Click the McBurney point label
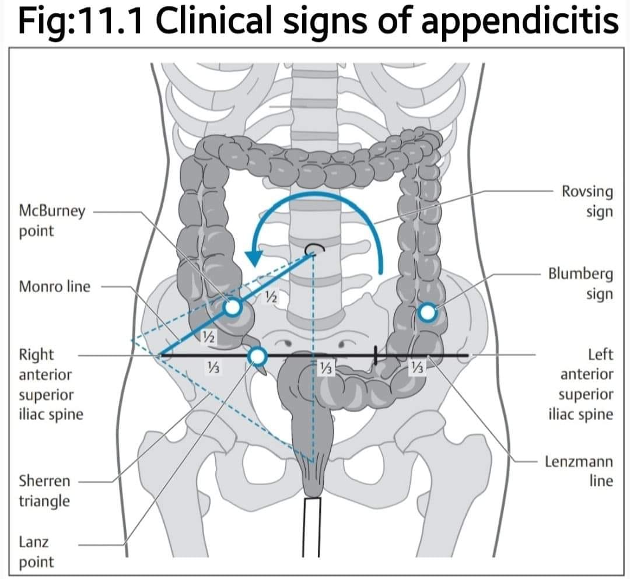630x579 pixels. click(52, 221)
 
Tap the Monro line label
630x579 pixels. click(55, 287)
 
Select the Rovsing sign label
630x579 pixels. click(587, 202)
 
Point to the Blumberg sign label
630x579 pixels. click(580, 284)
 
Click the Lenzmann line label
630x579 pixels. click(579, 471)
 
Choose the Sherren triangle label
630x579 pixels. click(44, 491)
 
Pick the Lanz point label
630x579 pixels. click(36, 552)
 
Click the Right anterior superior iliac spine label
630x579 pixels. click(51, 384)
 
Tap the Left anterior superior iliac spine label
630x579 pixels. click(581, 384)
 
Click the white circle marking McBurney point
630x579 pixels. click(233, 308)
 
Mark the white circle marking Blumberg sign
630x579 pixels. click(428, 312)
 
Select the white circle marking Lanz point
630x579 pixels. click(258, 356)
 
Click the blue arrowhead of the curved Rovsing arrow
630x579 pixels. click(254, 258)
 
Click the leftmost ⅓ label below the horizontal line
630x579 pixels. click(212, 367)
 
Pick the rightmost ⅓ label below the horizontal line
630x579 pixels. click(417, 367)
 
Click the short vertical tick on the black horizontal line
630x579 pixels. click(376, 355)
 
